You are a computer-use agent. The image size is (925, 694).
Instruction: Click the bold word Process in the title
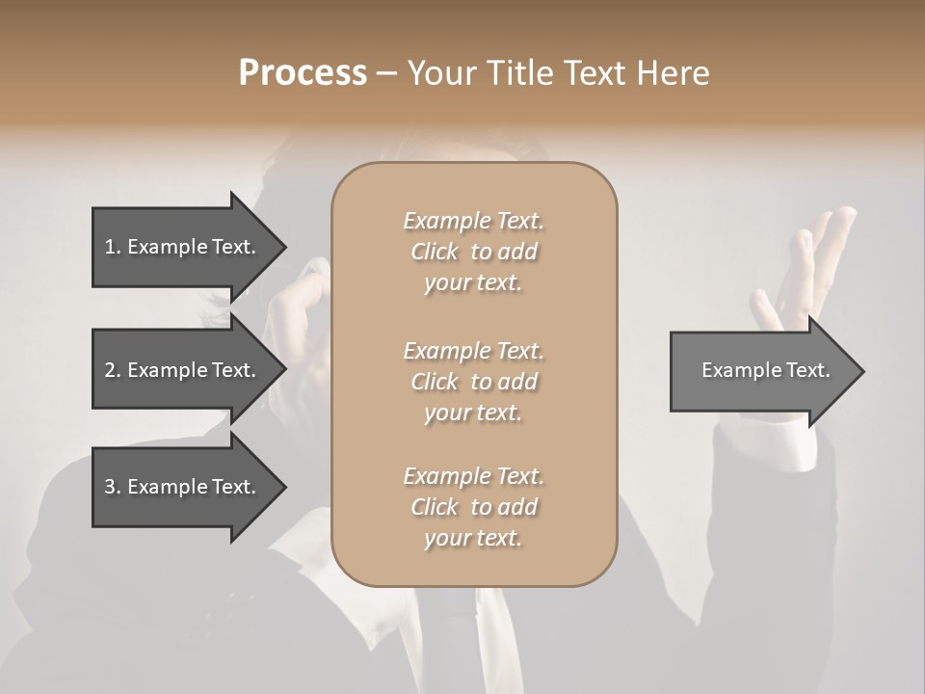tap(303, 73)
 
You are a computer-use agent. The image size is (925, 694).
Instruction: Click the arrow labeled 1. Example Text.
tap(180, 247)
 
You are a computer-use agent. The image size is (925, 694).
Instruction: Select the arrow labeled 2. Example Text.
tap(180, 370)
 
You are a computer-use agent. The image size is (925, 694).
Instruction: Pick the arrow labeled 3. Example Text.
tap(180, 487)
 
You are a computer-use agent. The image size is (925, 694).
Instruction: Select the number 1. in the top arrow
tap(112, 247)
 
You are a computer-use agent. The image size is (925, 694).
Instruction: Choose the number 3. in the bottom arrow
tap(112, 487)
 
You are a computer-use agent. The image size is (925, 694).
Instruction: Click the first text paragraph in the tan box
tap(473, 252)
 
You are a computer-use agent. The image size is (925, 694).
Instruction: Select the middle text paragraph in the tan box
tap(473, 382)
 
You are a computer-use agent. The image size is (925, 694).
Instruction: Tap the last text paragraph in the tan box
tap(473, 507)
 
